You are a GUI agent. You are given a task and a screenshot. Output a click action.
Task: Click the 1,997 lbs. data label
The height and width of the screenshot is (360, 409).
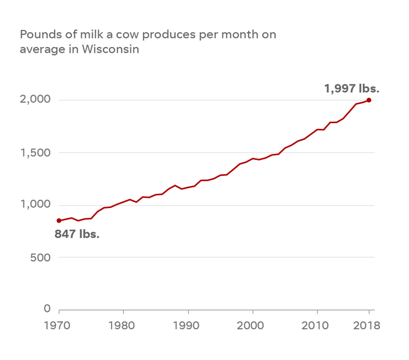(352, 88)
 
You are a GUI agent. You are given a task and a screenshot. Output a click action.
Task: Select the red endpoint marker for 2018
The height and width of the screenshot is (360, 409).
(369, 100)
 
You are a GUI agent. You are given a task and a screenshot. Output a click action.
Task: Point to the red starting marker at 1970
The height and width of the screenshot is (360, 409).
(59, 220)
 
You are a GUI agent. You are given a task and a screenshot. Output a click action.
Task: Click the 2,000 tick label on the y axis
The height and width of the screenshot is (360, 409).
(36, 99)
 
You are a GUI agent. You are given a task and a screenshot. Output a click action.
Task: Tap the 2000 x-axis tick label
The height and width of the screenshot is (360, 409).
(253, 326)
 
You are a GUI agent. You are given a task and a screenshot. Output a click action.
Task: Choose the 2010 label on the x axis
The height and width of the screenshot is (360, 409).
(317, 326)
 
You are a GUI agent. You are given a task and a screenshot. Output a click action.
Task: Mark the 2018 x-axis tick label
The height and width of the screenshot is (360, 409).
(368, 326)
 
